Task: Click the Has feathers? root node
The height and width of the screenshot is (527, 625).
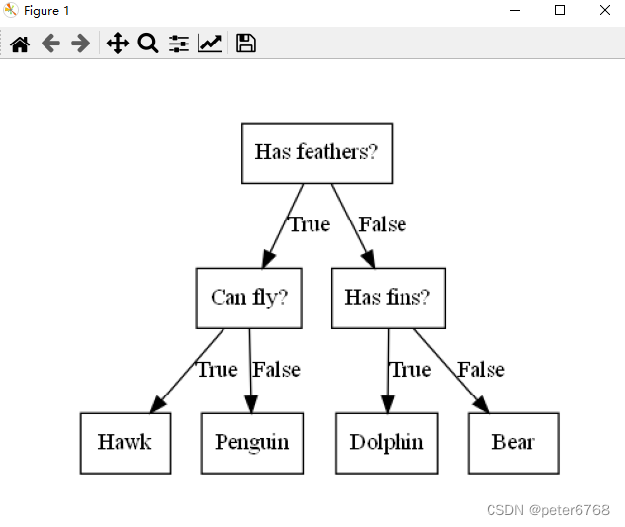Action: (316, 153)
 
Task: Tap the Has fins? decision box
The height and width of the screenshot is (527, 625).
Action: (388, 298)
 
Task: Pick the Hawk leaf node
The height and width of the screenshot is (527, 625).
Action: (125, 442)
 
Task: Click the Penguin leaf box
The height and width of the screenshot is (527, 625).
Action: (251, 442)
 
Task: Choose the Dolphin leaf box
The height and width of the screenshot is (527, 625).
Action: (387, 442)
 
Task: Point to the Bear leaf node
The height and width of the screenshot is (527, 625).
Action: (513, 442)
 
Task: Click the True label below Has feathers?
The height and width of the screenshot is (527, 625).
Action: (309, 224)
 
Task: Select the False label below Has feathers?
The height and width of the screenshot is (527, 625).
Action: (382, 224)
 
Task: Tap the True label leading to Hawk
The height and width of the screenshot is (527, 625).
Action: (217, 370)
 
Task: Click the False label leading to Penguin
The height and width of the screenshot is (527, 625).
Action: (276, 370)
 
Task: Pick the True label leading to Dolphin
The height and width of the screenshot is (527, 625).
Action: (409, 370)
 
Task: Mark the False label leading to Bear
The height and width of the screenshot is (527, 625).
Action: (481, 370)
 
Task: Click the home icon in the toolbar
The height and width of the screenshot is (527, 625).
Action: (20, 44)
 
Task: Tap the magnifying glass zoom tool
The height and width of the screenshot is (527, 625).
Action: (148, 44)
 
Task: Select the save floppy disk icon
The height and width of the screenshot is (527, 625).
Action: (246, 44)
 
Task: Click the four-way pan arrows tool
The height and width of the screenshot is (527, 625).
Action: (117, 44)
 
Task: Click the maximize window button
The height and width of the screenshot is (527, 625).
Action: (560, 10)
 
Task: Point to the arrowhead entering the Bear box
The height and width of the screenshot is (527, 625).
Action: (480, 404)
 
